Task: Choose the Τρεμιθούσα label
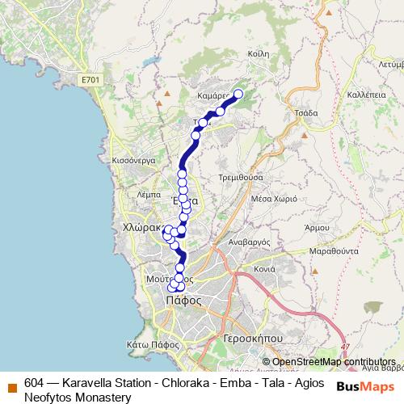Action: (x=241, y=176)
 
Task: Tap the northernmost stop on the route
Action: (x=238, y=93)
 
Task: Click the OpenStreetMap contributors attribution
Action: (x=334, y=361)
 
